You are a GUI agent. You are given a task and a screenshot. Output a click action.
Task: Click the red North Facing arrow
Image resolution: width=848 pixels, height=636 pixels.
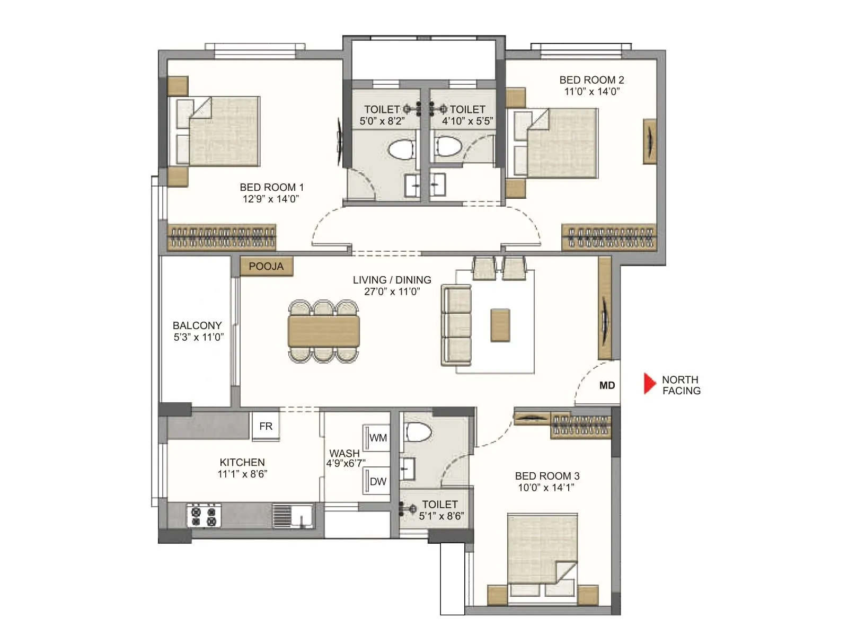click(x=649, y=384)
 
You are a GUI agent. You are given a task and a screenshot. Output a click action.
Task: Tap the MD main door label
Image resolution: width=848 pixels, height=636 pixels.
click(x=607, y=385)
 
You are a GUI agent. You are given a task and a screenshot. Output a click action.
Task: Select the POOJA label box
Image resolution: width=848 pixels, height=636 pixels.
click(x=266, y=267)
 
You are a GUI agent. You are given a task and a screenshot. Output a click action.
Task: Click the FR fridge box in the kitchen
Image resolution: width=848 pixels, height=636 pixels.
click(x=266, y=426)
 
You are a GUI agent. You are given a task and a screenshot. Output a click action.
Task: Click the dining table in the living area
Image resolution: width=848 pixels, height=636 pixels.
click(x=324, y=331)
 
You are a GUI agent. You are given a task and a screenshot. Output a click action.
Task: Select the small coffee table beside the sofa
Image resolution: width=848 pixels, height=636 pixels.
click(x=500, y=325)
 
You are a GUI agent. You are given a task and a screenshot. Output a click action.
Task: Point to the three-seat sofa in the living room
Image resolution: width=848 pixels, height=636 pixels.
click(x=456, y=325)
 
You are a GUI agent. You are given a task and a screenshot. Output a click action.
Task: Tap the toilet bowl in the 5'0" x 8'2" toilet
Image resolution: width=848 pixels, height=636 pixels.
click(x=401, y=150)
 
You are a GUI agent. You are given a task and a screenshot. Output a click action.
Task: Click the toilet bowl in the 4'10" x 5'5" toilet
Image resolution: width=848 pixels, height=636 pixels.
click(x=448, y=147)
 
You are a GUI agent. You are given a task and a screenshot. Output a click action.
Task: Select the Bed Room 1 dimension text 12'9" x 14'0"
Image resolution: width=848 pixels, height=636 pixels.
click(x=271, y=199)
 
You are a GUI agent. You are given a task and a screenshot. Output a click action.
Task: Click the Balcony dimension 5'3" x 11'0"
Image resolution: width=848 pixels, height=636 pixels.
click(x=198, y=337)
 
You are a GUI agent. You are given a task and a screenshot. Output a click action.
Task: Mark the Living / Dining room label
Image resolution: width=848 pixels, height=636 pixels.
click(x=392, y=280)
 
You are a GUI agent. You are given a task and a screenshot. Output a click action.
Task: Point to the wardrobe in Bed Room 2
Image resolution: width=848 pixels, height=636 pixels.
click(x=608, y=237)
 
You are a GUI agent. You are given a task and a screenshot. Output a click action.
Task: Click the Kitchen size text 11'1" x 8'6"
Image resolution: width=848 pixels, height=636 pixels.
click(x=242, y=474)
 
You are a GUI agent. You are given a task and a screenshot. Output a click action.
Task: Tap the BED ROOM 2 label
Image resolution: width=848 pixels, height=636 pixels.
click(x=591, y=80)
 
